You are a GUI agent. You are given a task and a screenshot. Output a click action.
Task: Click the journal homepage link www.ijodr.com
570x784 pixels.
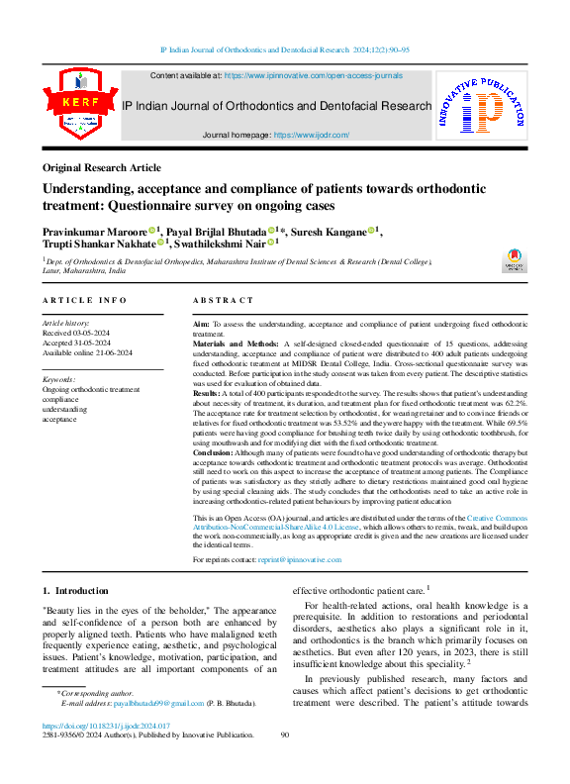pyautogui.click(x=311, y=134)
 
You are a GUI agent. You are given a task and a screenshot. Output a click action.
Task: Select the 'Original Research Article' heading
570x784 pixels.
pyautogui.click(x=102, y=168)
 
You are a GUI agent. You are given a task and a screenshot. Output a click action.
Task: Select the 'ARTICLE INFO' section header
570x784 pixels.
pyautogui.click(x=84, y=300)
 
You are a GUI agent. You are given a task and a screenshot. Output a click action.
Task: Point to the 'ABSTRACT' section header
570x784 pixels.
pyautogui.click(x=223, y=300)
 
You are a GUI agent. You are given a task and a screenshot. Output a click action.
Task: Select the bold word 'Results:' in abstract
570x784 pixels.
pyautogui.click(x=209, y=393)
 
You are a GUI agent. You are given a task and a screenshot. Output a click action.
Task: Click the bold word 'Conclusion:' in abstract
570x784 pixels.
pyautogui.click(x=216, y=451)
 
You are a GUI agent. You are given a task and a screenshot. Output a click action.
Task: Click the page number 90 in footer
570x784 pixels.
pyautogui.click(x=285, y=735)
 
